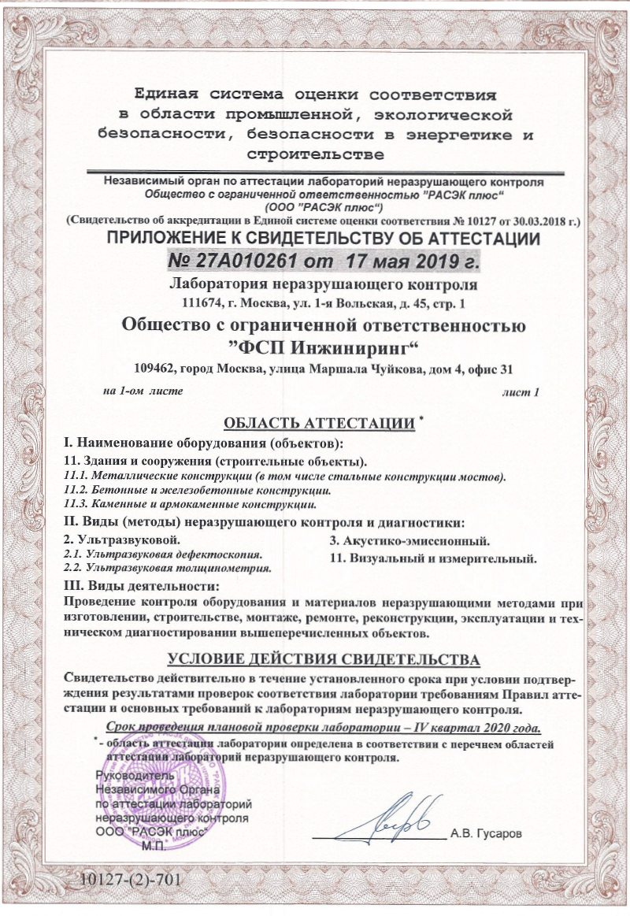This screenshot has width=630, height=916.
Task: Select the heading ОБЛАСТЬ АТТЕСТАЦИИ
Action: [x=319, y=423]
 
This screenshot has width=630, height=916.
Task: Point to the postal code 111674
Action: [x=200, y=302]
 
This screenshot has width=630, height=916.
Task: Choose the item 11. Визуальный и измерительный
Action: [x=432, y=559]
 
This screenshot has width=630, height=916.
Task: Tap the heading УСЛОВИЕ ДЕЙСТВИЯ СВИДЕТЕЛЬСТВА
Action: [x=324, y=658]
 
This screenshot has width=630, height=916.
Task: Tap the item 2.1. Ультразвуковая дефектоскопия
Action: [x=162, y=554]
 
